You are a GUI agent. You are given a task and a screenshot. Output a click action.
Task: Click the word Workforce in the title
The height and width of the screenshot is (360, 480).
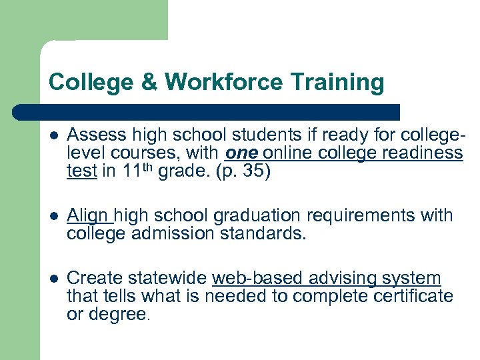pyautogui.click(x=224, y=82)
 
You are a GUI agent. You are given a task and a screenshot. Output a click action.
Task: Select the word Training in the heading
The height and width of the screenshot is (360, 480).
pyautogui.click(x=337, y=82)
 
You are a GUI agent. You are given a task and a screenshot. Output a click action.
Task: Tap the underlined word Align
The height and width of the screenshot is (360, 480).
pyautogui.click(x=89, y=215)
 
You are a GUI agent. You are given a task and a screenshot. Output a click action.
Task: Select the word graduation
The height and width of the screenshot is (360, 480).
pyautogui.click(x=242, y=215)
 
